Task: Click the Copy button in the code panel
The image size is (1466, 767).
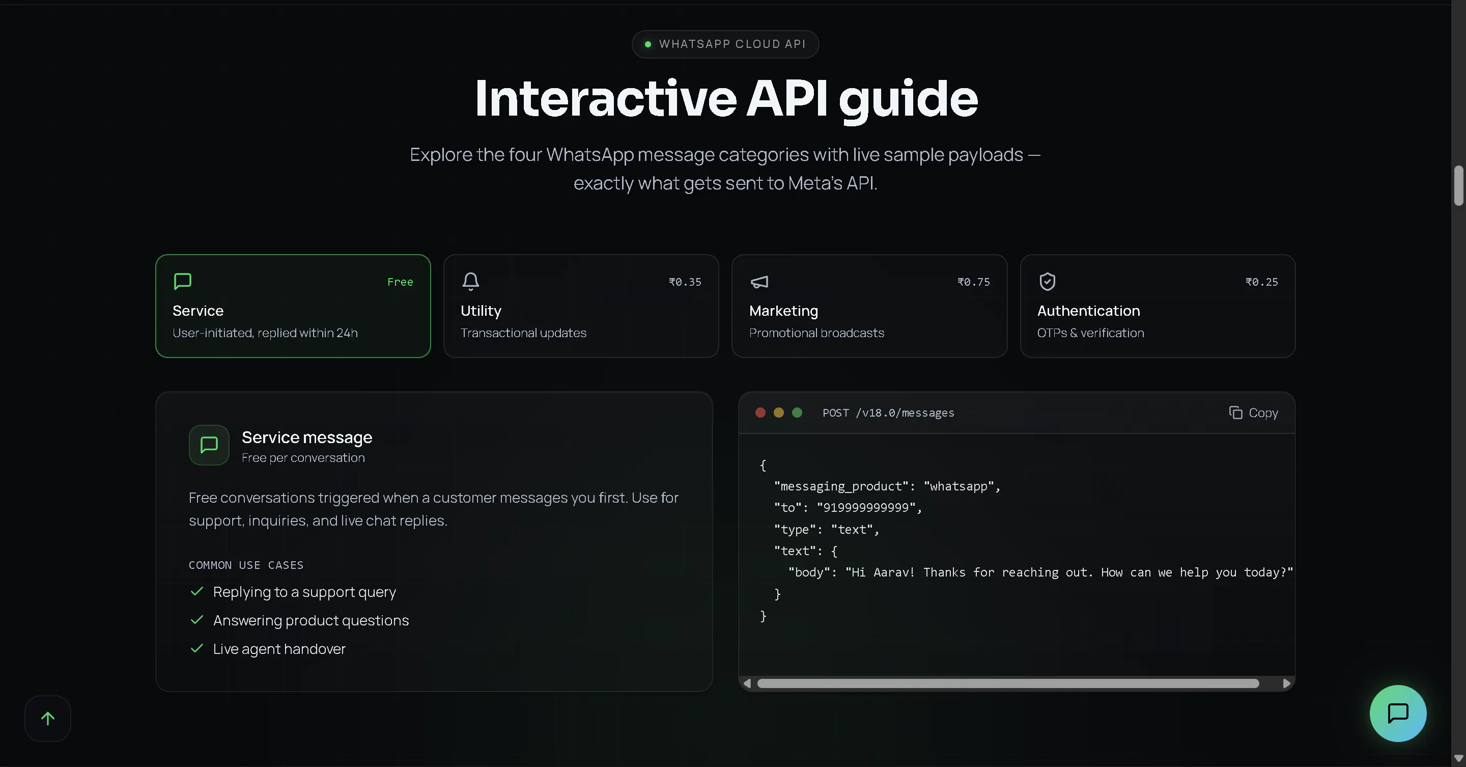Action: (1253, 413)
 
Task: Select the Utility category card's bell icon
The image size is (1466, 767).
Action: (471, 281)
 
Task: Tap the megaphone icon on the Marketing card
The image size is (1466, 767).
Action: (759, 281)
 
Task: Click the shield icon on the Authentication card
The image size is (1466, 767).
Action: (1047, 281)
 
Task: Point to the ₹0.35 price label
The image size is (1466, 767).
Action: (685, 282)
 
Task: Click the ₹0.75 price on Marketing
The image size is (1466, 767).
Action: (973, 282)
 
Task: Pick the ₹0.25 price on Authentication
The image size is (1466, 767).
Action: (1261, 282)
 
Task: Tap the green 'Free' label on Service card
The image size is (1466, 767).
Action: (400, 282)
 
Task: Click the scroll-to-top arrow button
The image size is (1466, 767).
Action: (48, 719)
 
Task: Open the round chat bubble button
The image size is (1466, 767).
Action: (1398, 713)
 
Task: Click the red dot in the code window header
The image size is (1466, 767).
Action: (760, 413)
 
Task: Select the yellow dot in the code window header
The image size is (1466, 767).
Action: (778, 413)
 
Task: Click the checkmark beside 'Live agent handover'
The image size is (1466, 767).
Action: (197, 648)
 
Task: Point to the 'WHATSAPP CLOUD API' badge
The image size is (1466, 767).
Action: (725, 44)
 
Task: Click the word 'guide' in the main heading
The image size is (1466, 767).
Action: (908, 100)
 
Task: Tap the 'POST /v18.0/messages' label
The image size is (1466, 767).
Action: (888, 413)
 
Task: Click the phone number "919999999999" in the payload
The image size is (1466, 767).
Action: (866, 507)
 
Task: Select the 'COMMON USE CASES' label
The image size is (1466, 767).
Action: (246, 565)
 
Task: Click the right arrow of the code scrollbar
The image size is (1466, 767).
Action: (1286, 683)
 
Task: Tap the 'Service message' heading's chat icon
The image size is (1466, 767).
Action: (209, 445)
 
